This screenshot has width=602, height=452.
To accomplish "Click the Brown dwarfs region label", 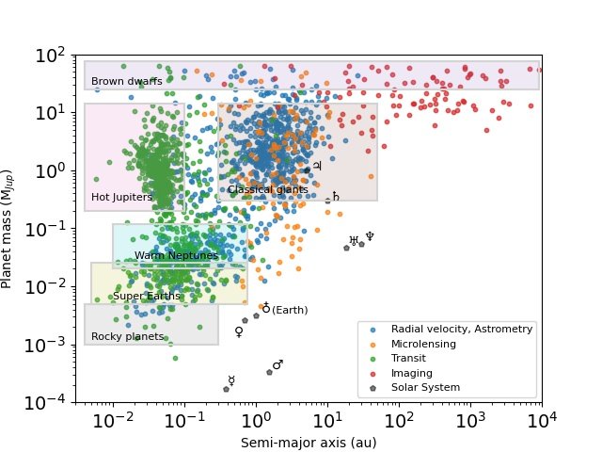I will pos(127,81).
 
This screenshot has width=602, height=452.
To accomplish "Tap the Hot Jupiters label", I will pos(121,197).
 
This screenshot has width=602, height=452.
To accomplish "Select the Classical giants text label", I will pos(267,189).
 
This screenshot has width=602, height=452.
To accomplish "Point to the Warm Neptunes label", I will pos(176,255).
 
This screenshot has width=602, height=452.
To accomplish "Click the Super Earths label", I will pos(147,296).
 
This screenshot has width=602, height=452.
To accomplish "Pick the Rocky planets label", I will pos(127,336).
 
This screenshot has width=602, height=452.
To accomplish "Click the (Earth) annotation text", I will pos(290,310).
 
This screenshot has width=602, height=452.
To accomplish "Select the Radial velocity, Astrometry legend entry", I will pos(462,329).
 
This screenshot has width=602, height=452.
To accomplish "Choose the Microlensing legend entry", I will pos(423,344).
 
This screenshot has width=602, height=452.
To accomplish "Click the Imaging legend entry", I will pos(411,373).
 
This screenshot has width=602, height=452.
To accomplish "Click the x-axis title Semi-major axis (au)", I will pos(309,442).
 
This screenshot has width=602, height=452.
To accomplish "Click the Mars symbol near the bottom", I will pos(277,364).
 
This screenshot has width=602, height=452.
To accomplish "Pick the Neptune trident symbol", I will pos(370,236).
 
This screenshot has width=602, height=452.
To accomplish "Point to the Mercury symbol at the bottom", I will pos(231,380).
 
